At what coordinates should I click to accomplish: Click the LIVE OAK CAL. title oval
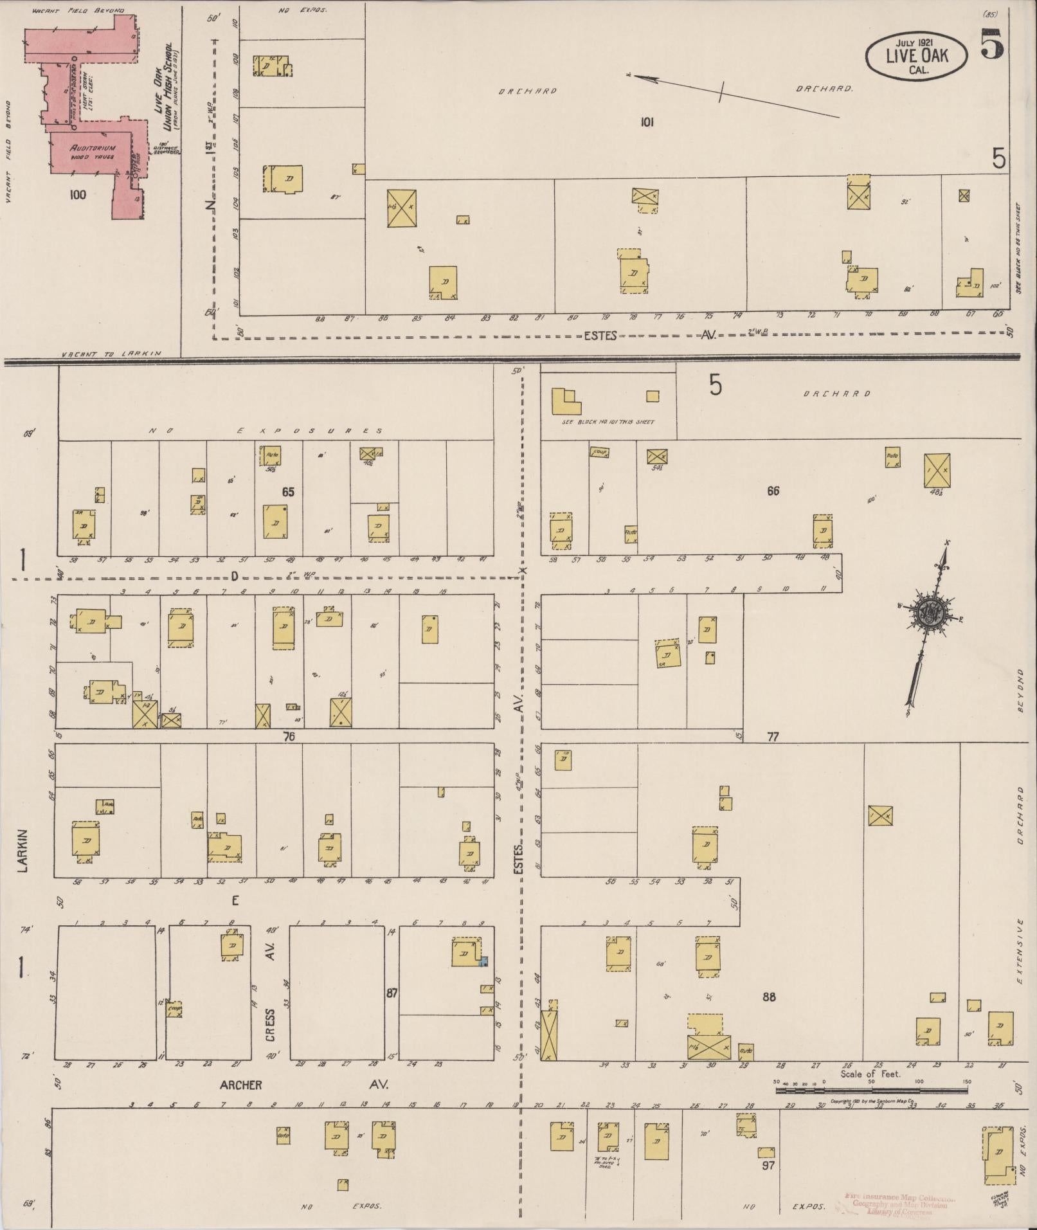point(916,57)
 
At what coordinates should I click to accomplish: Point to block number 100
point(77,195)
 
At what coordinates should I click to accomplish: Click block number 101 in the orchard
point(646,122)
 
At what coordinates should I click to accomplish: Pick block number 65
point(287,492)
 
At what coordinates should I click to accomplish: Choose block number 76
point(289,737)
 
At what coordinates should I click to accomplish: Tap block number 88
point(768,997)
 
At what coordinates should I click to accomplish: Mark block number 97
point(768,1164)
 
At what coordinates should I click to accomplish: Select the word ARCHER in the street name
point(241,1085)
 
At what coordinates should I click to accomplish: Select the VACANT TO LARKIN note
point(112,354)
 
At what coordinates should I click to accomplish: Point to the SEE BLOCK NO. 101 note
point(608,422)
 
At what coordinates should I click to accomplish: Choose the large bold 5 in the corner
point(992,45)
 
